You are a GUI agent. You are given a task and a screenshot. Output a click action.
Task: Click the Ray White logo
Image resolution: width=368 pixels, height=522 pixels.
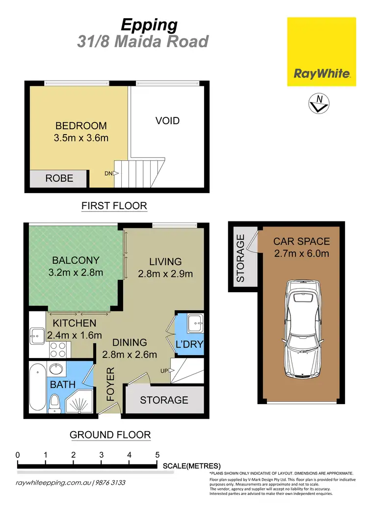click(x=321, y=52)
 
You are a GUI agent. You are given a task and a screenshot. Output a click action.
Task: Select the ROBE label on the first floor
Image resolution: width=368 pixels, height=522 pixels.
click(x=59, y=179)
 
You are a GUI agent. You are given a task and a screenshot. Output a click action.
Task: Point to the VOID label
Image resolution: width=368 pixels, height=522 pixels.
click(x=167, y=121)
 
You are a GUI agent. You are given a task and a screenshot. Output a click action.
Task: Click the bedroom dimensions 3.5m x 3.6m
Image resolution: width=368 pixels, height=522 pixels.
click(x=81, y=138)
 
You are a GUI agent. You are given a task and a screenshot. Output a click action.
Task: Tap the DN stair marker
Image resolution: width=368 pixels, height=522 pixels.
click(x=108, y=173)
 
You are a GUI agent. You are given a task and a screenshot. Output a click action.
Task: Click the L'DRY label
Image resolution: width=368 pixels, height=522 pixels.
click(x=189, y=345)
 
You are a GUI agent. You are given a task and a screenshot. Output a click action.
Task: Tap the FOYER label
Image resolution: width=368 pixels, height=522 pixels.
click(x=111, y=384)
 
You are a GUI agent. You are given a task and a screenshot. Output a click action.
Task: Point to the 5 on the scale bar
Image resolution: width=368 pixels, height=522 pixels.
click(x=157, y=455)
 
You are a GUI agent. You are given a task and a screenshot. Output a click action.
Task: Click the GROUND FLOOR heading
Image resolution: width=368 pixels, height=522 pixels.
click(x=110, y=435)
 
